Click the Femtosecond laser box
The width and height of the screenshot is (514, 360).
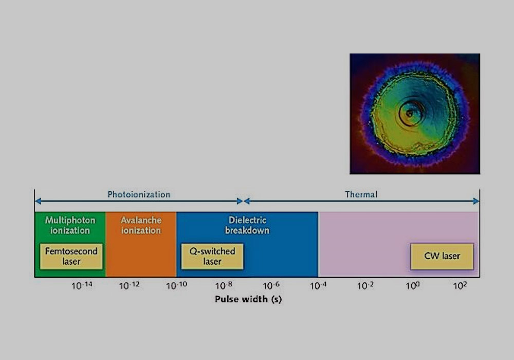pyautogui.click(x=71, y=257)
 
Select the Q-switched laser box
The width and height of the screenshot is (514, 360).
pyautogui.click(x=212, y=257)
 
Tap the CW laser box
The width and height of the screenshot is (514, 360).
pyautogui.click(x=442, y=257)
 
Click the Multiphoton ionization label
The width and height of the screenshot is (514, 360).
pyautogui.click(x=70, y=225)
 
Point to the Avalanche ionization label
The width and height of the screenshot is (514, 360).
pyautogui.click(x=141, y=225)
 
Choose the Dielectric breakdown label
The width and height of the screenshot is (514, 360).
pyautogui.click(x=247, y=225)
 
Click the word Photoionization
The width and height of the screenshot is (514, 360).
pyautogui.click(x=139, y=194)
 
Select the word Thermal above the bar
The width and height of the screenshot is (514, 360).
pyautogui.click(x=361, y=194)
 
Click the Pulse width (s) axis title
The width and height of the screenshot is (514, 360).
pyautogui.click(x=248, y=299)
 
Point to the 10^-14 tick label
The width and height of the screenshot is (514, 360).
pyautogui.click(x=82, y=285)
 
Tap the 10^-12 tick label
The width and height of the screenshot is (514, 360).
pyautogui.click(x=129, y=285)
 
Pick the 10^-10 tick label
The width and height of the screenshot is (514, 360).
pyautogui.click(x=176, y=285)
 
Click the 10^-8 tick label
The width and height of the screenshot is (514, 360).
pyautogui.click(x=224, y=285)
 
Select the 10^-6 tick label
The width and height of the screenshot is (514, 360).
pyautogui.click(x=271, y=285)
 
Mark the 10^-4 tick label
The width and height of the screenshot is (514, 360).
pyautogui.click(x=318, y=285)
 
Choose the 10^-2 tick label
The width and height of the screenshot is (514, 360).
pyautogui.click(x=365, y=285)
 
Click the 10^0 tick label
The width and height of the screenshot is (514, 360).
pyautogui.click(x=413, y=285)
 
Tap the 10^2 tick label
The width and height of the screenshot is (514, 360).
pyautogui.click(x=460, y=285)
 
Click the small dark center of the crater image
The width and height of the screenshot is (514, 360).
pyautogui.click(x=409, y=114)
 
